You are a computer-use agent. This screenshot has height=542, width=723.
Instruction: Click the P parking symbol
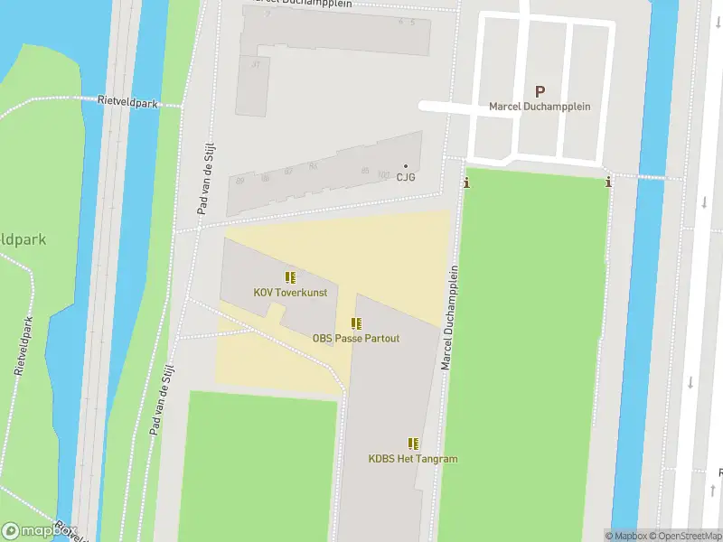[x=540, y=90]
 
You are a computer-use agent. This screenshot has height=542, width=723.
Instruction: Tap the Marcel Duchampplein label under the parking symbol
[x=540, y=107]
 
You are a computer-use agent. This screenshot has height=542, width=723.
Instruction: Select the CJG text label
[x=405, y=177]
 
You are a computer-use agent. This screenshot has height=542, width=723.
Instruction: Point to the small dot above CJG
[x=405, y=165]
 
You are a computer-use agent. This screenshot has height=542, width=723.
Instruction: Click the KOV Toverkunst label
[x=289, y=293]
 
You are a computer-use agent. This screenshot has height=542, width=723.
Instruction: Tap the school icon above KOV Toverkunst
[x=289, y=277]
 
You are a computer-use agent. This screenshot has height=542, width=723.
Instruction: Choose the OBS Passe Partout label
[x=356, y=339]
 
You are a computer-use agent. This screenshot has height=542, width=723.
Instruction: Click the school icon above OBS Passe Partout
[x=356, y=323]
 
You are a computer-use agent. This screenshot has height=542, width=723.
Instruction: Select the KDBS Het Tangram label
[x=413, y=459]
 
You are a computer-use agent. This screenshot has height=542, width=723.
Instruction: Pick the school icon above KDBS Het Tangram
[x=413, y=444]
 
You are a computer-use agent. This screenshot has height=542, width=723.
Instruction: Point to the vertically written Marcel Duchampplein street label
[x=450, y=317]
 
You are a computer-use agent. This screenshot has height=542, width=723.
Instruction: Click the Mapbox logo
[x=39, y=531]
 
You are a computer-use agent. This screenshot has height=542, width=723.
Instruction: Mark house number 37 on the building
[x=256, y=64]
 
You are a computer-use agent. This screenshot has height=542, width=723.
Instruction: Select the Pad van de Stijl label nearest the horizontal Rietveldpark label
[x=205, y=181]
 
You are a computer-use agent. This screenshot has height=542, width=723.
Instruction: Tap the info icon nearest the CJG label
[x=466, y=183]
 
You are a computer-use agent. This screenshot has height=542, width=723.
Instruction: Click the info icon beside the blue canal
[x=608, y=182]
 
